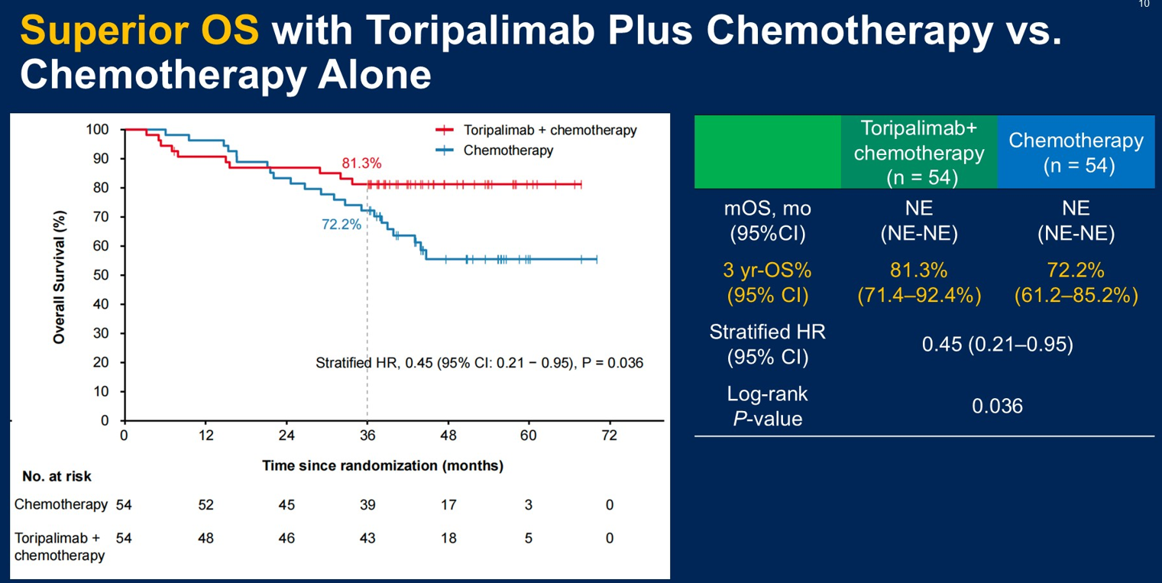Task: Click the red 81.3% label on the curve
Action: click(x=361, y=164)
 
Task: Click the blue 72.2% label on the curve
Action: click(x=341, y=225)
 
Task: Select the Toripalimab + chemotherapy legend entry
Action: click(x=549, y=131)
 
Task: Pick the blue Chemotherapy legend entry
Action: click(x=508, y=151)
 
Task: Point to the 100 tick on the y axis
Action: click(x=99, y=130)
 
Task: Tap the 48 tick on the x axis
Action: click(x=448, y=436)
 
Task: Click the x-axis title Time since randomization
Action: click(x=383, y=465)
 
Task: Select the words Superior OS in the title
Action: click(x=139, y=32)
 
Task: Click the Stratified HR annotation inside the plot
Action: click(x=479, y=363)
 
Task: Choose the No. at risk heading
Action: click(x=57, y=477)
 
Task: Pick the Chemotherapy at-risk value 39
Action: click(x=367, y=505)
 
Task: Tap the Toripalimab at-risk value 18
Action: click(x=448, y=538)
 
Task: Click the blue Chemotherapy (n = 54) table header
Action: click(x=1076, y=152)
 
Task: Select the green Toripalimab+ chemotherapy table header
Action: click(x=919, y=152)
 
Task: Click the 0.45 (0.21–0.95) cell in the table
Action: click(x=997, y=345)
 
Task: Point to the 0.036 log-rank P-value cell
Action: click(x=997, y=406)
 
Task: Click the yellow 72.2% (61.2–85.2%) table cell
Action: click(x=1076, y=283)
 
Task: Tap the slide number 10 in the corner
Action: click(x=1144, y=5)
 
